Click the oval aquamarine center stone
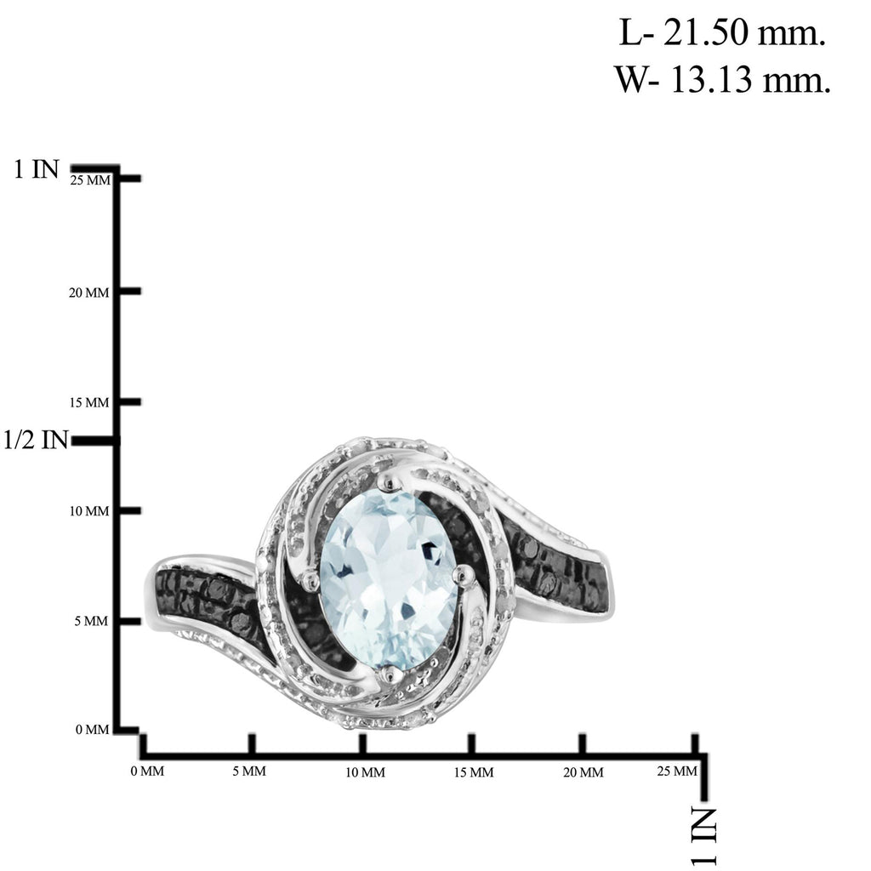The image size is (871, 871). (389, 579)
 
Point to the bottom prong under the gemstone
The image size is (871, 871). (389, 675)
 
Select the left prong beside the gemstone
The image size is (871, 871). (310, 580)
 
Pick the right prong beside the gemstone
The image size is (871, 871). (464, 576)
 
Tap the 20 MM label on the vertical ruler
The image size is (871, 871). (88, 293)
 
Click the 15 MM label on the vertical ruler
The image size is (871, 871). (88, 402)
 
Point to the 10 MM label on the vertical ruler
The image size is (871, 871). (88, 511)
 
